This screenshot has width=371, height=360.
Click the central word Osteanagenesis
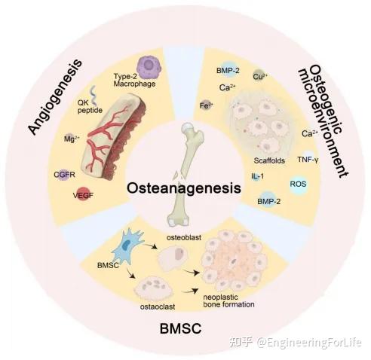[184, 188]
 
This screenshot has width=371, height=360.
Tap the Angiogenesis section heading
[55, 97]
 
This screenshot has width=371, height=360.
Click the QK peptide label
[90, 106]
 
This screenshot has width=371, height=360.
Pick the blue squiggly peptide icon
[94, 95]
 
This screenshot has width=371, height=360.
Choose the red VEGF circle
[83, 194]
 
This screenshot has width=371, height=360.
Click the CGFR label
[65, 175]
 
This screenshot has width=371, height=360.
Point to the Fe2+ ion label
[207, 105]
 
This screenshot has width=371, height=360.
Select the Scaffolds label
[269, 160]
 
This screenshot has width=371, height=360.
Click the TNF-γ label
[308, 160]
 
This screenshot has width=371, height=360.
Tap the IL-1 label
[258, 176]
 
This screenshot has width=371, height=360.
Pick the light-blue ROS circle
[299, 184]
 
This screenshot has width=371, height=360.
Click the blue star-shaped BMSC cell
[127, 246]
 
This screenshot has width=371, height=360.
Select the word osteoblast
[184, 237]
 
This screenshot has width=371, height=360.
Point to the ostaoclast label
[158, 307]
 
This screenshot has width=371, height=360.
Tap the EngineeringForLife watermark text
[309, 343]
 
